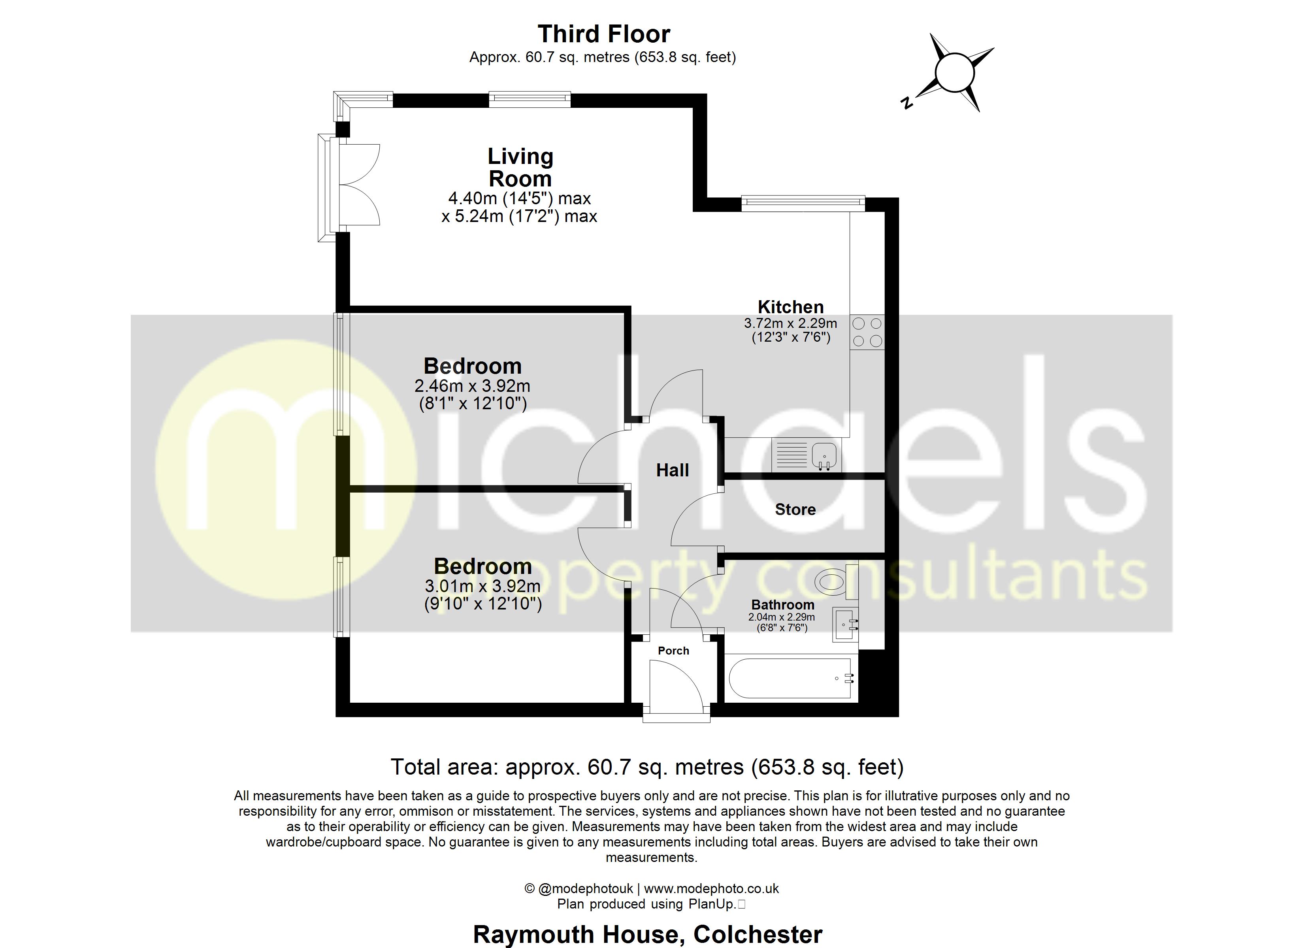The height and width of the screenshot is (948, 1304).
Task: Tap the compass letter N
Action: point(907,103)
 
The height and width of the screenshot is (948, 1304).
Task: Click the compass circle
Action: point(954,72)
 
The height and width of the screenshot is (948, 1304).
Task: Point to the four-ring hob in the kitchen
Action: point(867,332)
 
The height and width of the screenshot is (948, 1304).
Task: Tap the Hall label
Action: point(672,470)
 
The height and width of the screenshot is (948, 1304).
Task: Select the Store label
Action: point(795,510)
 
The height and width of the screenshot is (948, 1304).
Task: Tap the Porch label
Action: point(673,650)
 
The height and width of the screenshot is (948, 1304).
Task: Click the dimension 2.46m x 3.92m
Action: point(472,386)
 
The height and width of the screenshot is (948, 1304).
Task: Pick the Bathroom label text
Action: point(782,605)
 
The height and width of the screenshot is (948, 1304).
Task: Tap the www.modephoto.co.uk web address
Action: point(711,888)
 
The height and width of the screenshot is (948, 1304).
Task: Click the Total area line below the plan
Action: point(647,767)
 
